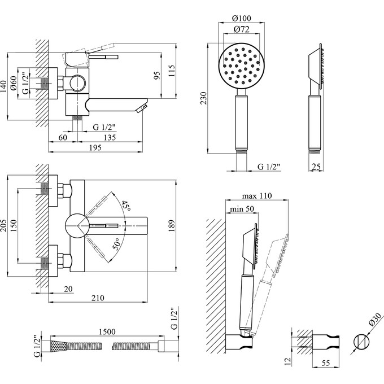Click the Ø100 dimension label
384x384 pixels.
coord(242,18)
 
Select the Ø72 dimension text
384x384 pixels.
coord(242,29)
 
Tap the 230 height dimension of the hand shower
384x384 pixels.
coord(204,98)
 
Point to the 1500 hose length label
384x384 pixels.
coord(107,331)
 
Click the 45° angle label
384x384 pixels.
coord(126,205)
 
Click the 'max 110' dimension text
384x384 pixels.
coord(257,196)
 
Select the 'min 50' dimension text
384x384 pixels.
coord(242,209)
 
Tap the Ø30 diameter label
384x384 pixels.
coord(375,320)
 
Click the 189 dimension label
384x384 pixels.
coord(172,226)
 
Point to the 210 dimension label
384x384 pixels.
coord(98,298)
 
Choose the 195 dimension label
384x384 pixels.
coord(95,148)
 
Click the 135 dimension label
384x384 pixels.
coord(110,137)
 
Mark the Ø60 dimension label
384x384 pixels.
coord(13,83)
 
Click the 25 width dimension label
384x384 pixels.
coord(316,167)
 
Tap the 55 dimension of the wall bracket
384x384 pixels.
coord(326,363)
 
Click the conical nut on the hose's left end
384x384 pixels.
coord(59,346)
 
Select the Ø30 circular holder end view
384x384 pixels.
coord(361,342)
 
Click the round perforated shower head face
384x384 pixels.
coord(241,66)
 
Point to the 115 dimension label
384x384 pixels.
coord(172,71)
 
